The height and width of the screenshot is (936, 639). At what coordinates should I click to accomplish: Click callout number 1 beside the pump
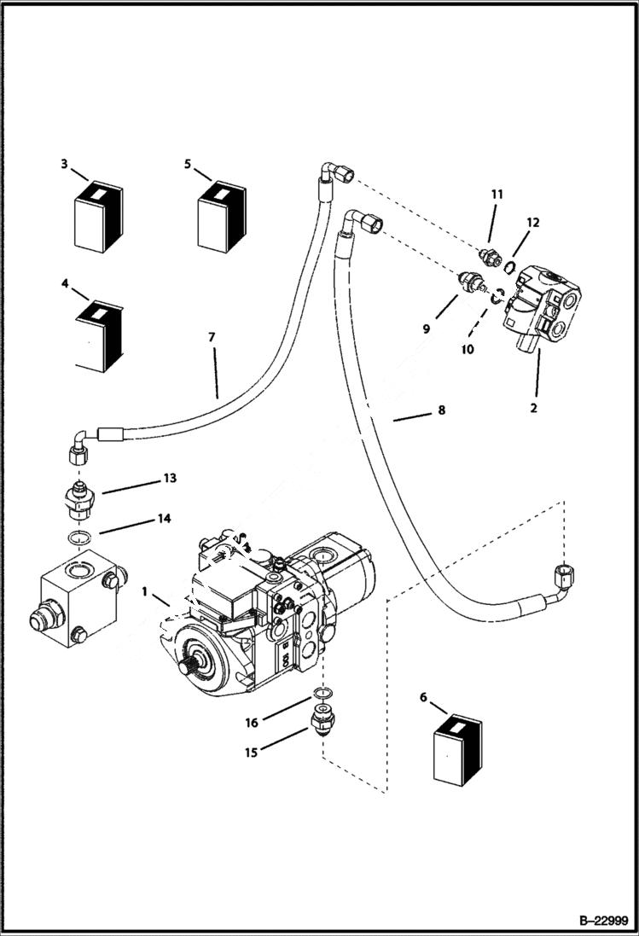coord(145,590)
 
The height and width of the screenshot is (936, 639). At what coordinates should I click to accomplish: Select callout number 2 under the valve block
coord(533,408)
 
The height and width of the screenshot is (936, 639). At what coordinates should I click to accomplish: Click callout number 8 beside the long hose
coord(441,410)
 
